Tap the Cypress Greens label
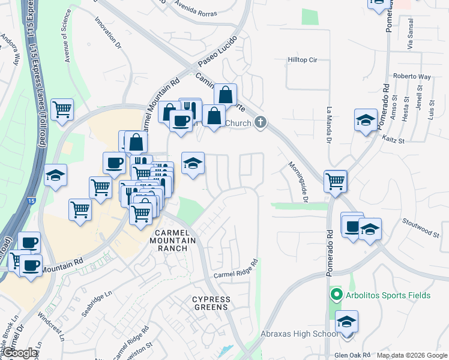click(210, 303)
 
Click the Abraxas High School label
click(299, 334)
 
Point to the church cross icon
click(260, 123)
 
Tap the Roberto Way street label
click(412, 77)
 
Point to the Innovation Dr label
click(108, 32)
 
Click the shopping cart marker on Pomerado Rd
click(335, 181)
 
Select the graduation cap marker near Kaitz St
click(366, 120)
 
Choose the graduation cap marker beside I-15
click(55, 175)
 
